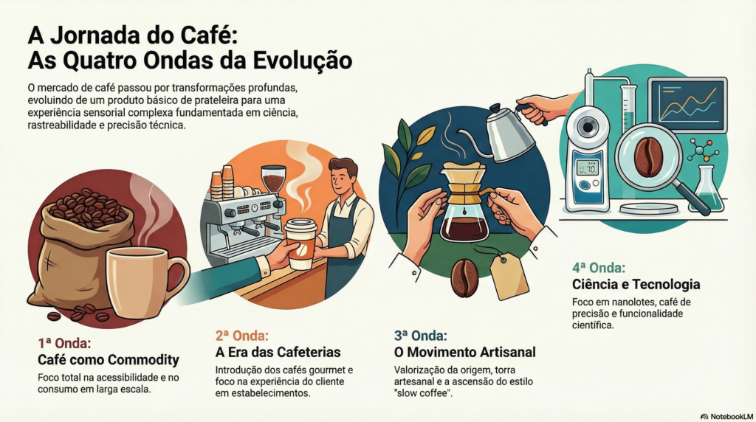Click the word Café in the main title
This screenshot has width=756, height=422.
coord(207,35)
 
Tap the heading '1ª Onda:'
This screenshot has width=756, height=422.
coord(65,343)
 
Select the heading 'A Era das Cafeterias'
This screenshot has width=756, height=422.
coord(278,352)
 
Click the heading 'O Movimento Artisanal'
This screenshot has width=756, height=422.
coord(465,352)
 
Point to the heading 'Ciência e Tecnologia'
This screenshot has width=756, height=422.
coord(636,284)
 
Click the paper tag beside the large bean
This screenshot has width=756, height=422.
coord(509,277)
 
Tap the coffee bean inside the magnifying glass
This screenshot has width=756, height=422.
coord(648,156)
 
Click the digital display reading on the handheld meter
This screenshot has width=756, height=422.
coord(588,168)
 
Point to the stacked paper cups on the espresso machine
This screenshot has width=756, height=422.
coord(221,182)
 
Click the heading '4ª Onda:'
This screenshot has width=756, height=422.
coord(599,268)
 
